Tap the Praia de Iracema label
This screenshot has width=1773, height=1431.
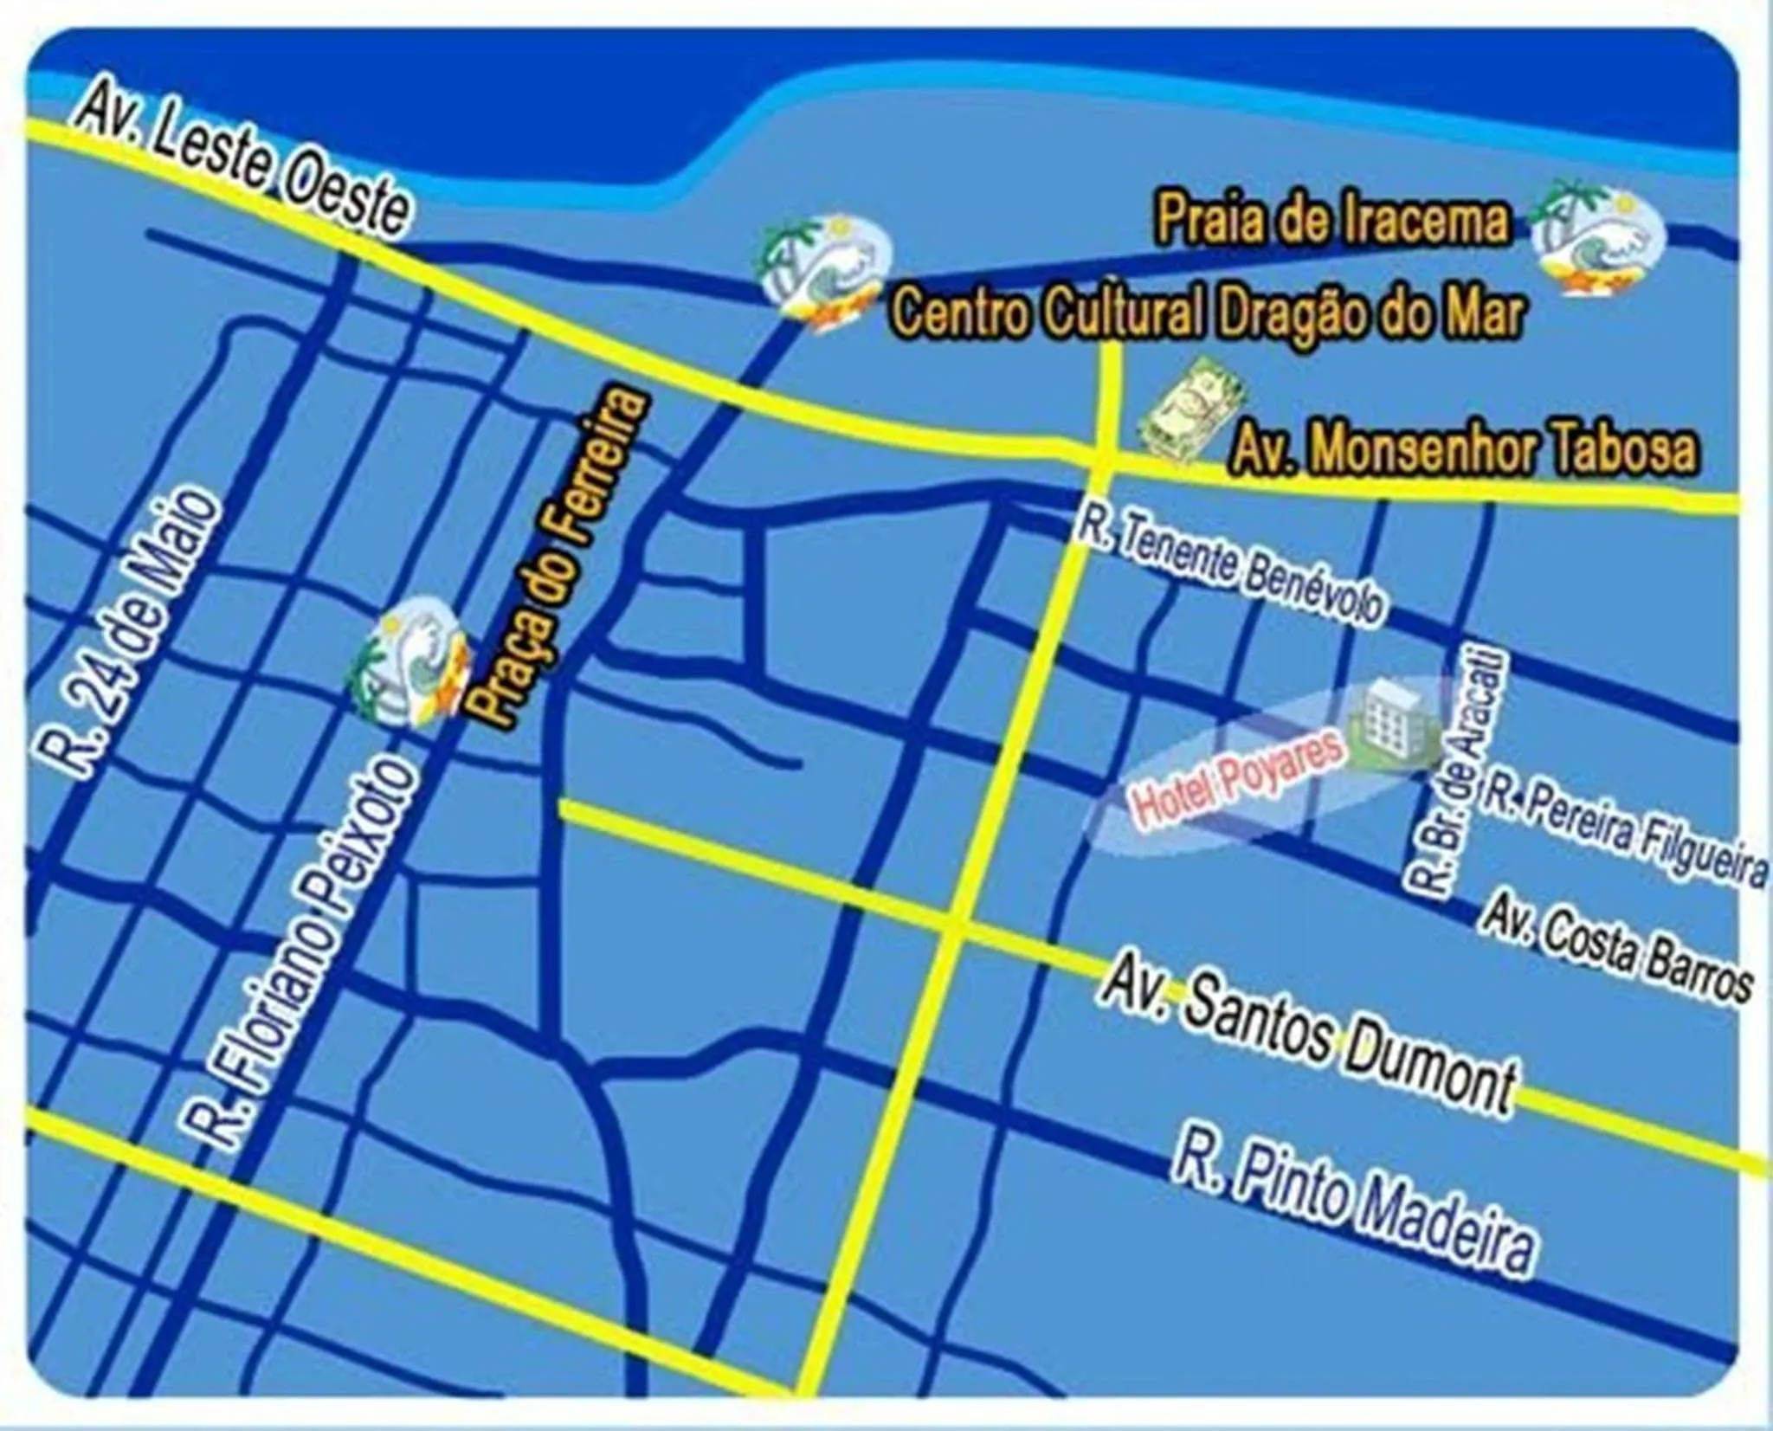[x=1332, y=222]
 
